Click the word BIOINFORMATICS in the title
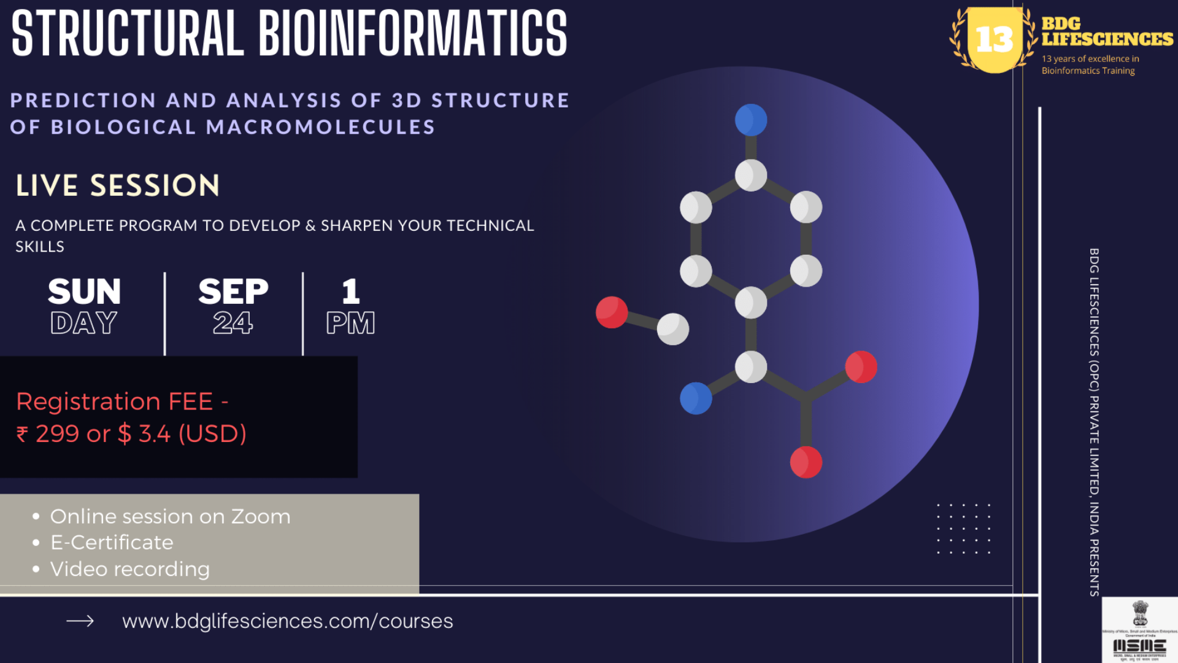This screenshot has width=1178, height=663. point(412,34)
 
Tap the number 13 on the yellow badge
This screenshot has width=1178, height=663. point(994,40)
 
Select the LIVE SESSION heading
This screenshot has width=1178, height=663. point(118,185)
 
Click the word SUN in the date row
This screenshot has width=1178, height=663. point(85,292)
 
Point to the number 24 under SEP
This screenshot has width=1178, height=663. point(233,323)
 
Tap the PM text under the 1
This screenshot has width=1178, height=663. point(350,323)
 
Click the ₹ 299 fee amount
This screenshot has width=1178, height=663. point(56,434)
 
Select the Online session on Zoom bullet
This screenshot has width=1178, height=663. point(170,516)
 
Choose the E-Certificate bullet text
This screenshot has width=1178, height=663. point(112,543)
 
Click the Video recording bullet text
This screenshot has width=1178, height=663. point(130,569)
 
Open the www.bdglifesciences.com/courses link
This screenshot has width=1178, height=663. point(287,621)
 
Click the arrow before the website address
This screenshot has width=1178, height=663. point(80,621)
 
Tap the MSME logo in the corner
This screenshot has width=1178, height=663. point(1139,630)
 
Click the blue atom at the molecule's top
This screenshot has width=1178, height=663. point(751,120)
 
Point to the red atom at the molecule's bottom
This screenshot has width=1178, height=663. point(806,462)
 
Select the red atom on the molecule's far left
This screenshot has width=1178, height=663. point(612,312)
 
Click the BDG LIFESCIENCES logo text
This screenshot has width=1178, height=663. point(1106,32)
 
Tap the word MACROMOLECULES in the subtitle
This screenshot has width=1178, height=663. point(320,127)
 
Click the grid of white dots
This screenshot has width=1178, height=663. point(963,529)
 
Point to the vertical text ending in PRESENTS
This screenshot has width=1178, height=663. point(1094,422)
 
